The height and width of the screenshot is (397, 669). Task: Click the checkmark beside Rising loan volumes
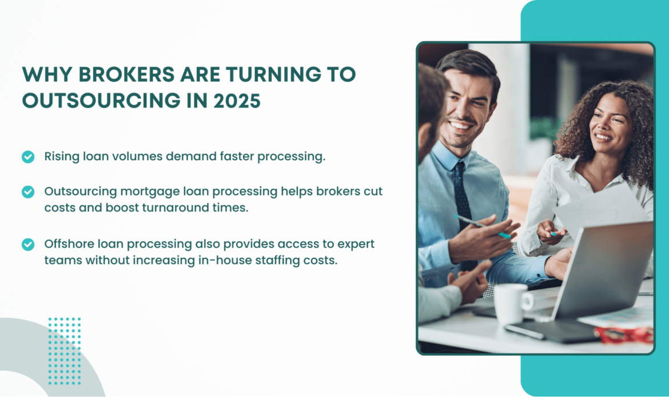28,157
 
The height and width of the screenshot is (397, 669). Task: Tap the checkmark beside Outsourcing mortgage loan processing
28,192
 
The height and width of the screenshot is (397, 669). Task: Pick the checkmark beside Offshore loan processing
28,244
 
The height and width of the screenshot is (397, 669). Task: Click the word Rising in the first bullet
60,156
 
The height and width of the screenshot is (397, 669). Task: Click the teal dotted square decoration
65,351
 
